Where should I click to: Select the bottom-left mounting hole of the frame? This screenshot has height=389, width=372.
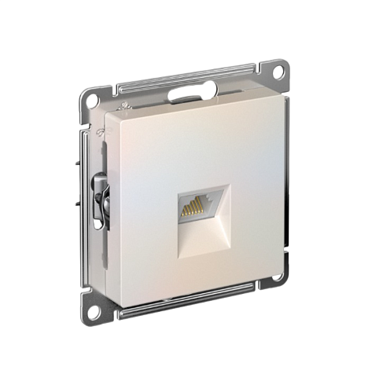tap(94, 310)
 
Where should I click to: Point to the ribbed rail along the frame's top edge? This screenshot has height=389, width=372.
tap(189, 79)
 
